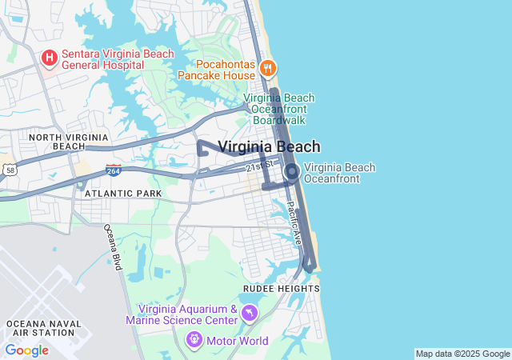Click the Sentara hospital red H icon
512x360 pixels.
(x=49, y=58)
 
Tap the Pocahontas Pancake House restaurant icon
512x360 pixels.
(x=268, y=69)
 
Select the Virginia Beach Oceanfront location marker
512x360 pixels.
(x=292, y=172)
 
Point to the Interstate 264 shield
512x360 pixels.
(x=113, y=170)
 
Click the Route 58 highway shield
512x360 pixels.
(x=9, y=170)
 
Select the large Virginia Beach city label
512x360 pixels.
(x=269, y=146)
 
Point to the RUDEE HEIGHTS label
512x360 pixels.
(x=280, y=289)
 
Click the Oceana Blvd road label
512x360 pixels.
(x=112, y=247)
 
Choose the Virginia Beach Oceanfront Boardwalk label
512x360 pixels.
(x=278, y=109)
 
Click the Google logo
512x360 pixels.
(x=26, y=350)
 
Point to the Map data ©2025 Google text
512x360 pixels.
(x=462, y=354)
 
